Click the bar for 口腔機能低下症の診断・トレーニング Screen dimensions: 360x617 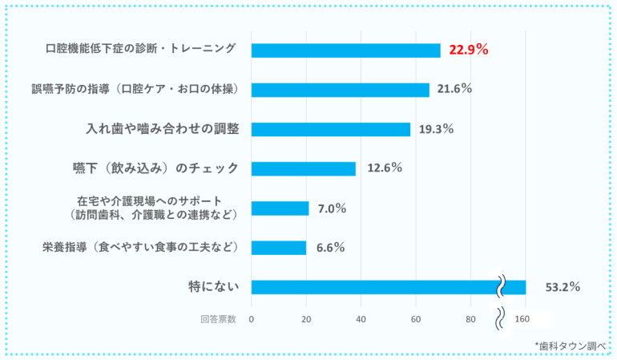click(345, 51)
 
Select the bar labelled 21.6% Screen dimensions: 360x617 click(340, 90)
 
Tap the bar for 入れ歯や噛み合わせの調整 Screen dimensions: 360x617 click(330, 129)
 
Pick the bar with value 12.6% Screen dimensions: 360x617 click(303, 168)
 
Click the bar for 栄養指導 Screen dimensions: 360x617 click(278, 248)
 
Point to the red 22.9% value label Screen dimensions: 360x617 click(468, 50)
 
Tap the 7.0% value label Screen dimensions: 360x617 click(331, 208)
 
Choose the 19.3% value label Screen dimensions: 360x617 click(437, 129)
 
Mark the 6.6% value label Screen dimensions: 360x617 click(330, 248)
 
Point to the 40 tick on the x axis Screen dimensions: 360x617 click(361, 319)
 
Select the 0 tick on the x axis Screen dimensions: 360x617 click(252, 319)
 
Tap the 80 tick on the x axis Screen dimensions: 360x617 click(470, 319)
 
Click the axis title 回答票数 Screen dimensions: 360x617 click(218, 319)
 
